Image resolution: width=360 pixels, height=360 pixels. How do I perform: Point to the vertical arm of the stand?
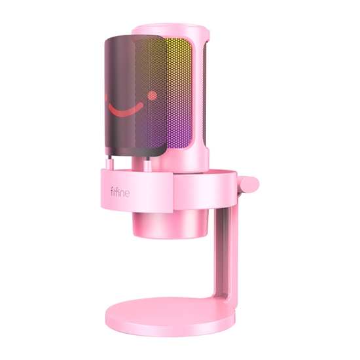(238, 255)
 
